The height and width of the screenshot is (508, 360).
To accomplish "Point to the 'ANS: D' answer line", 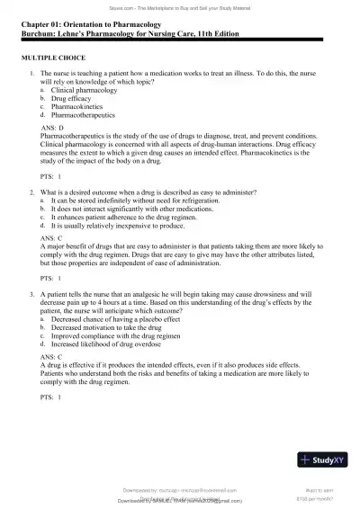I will pyautogui.click(x=54, y=129).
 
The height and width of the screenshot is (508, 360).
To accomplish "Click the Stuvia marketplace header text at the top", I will pyautogui.click(x=180, y=4).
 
